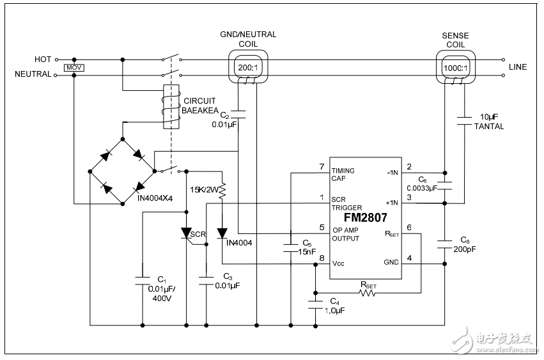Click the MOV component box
[74, 67]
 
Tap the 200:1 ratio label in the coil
[247, 67]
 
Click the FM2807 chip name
[366, 217]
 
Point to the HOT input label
[43, 59]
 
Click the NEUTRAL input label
[33, 75]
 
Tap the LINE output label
[517, 67]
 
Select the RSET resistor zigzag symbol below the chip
[368, 293]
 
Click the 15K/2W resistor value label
[205, 189]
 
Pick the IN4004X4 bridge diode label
[156, 198]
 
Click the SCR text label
[199, 234]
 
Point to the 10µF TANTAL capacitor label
[489, 122]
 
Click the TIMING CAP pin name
[343, 175]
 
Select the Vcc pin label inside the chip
[339, 263]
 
